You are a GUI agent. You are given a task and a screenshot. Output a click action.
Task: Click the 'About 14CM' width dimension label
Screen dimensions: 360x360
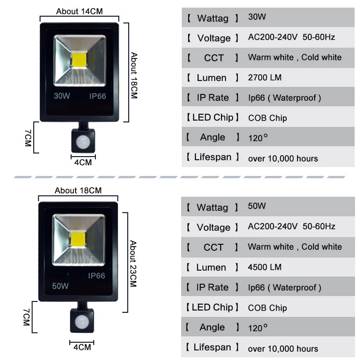tap(80, 11)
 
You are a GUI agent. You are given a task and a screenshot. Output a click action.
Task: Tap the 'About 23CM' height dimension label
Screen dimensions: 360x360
tap(133, 264)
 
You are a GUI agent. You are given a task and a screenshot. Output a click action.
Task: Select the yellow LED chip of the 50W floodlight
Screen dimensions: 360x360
tap(78, 239)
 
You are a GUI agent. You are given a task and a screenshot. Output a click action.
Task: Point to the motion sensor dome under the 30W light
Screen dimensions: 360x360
tap(83, 142)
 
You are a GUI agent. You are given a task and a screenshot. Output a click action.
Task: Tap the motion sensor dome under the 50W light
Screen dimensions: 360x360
tap(82, 321)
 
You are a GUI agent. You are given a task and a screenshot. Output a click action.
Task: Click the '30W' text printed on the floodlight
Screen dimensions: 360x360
tap(62, 96)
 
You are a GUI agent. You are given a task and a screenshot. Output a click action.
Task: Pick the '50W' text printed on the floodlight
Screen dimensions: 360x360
tap(60, 286)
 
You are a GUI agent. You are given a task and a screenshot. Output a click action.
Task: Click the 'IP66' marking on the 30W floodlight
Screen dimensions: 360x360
tap(98, 96)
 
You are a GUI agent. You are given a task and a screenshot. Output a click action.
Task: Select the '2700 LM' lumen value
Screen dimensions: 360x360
tap(265, 77)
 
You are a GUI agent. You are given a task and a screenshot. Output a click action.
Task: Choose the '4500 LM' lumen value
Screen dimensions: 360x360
tap(265, 267)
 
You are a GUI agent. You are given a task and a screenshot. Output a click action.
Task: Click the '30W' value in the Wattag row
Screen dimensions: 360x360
tap(257, 17)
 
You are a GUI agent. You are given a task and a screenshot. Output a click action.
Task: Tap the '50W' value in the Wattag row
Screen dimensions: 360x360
tap(256, 206)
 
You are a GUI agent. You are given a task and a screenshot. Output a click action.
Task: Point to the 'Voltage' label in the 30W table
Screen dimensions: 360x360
tap(214, 38)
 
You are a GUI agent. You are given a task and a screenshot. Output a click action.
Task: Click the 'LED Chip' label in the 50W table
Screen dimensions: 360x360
tap(212, 307)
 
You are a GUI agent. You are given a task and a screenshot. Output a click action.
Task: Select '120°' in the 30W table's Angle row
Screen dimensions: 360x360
tap(258, 138)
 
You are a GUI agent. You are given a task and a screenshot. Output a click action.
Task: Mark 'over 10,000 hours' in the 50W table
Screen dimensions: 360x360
tap(283, 349)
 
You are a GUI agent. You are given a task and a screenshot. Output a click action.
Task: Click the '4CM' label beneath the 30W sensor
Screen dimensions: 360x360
tap(83, 162)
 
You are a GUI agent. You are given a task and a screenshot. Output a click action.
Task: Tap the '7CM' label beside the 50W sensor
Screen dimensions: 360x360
tap(27, 317)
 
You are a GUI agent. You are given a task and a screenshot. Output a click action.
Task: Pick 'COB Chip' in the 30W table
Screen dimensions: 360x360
tap(267, 118)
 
